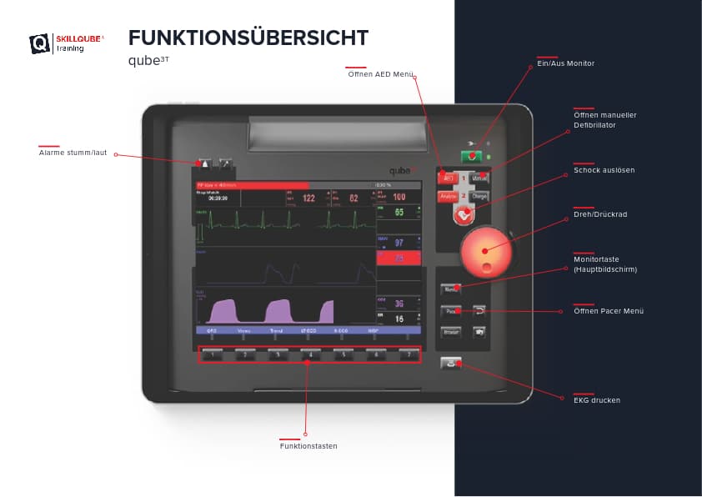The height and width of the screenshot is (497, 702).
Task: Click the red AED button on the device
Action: click(x=448, y=178)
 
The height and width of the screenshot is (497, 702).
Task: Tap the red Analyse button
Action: click(x=448, y=196)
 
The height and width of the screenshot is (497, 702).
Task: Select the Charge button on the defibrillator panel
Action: click(x=479, y=196)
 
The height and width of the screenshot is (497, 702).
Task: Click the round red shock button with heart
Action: click(x=464, y=213)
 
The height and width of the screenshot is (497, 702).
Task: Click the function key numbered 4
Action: click(x=310, y=354)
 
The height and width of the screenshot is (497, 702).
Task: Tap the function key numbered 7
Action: click(x=407, y=354)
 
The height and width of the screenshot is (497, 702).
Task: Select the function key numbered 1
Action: click(x=213, y=354)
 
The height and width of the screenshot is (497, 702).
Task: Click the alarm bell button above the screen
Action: click(x=206, y=163)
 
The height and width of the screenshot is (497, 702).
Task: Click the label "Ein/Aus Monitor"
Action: click(x=565, y=63)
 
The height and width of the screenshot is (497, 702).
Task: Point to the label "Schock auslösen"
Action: click(x=604, y=170)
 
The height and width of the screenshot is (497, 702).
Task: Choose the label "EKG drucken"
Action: click(x=596, y=400)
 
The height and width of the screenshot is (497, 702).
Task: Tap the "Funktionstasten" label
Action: click(x=308, y=446)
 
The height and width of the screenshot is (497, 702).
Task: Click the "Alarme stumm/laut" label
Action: click(x=73, y=153)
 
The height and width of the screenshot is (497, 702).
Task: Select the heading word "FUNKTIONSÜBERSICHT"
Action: click(x=248, y=38)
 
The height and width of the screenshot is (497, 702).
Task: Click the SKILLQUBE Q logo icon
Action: click(x=39, y=43)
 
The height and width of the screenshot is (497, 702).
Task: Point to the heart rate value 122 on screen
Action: click(x=308, y=198)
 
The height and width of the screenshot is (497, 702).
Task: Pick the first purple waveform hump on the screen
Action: click(x=223, y=312)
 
